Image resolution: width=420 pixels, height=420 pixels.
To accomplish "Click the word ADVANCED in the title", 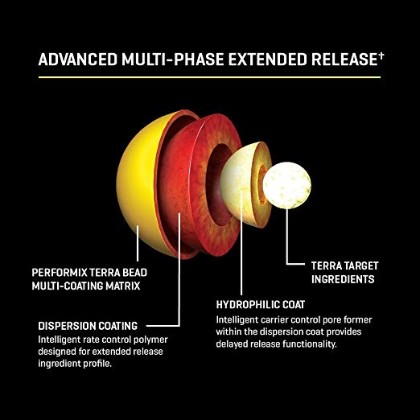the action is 78,60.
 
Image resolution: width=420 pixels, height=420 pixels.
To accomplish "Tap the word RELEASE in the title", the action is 344,60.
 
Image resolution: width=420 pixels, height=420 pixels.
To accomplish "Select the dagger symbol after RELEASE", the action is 381,56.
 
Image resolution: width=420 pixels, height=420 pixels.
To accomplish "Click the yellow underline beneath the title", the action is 209,77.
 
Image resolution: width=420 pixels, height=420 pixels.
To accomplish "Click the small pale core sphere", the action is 287,185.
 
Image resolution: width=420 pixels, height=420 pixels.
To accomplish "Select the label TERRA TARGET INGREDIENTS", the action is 345,273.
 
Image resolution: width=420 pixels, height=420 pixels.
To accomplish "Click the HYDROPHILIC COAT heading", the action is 261,305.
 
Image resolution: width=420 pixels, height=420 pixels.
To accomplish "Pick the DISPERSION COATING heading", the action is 88,326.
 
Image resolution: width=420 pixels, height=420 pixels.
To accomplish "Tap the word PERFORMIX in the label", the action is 60,273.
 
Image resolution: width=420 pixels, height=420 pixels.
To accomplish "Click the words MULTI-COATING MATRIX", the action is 86,286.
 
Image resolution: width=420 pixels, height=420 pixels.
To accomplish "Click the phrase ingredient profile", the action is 75,364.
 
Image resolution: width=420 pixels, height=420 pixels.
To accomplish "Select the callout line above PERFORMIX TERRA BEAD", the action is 138,243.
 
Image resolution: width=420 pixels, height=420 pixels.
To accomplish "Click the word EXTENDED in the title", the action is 267,60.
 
